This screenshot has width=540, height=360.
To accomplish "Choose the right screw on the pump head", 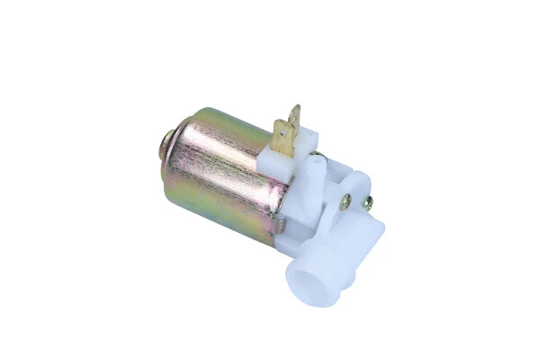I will pyautogui.click(x=367, y=203).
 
